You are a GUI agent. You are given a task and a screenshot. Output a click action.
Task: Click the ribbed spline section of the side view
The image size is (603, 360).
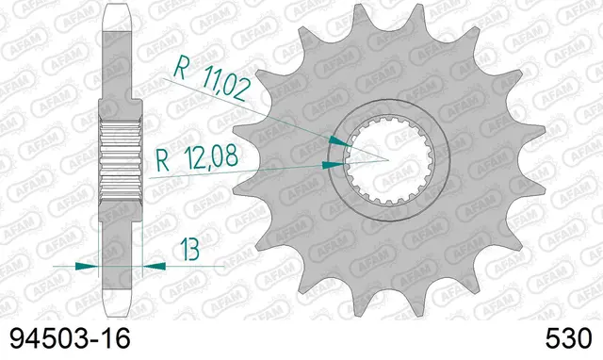[x=121, y=151]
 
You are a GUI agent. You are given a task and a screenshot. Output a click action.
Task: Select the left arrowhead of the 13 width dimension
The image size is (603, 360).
[x=93, y=266]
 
